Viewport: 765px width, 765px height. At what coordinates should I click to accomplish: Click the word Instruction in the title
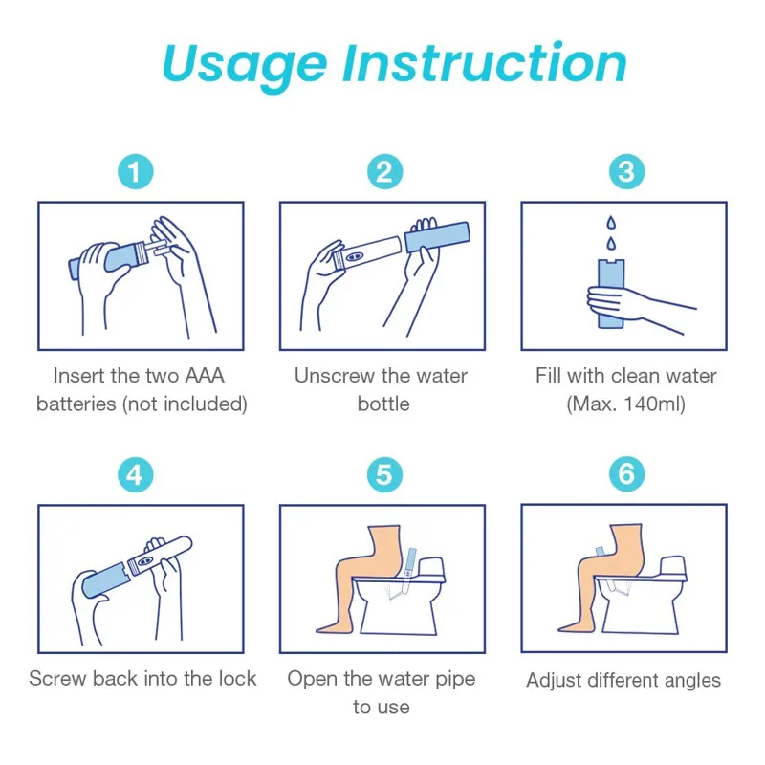(485, 63)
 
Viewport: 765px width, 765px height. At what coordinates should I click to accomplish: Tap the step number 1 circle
(136, 172)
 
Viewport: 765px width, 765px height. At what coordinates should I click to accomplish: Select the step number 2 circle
(384, 172)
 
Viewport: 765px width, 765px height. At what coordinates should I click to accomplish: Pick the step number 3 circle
(626, 172)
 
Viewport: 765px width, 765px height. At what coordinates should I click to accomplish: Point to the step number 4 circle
(136, 474)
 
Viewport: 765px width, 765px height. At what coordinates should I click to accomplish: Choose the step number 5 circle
(384, 474)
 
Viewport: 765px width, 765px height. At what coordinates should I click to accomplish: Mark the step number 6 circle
(626, 474)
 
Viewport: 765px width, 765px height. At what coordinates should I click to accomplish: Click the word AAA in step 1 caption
(205, 376)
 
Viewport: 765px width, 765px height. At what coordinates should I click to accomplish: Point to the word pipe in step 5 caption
(455, 680)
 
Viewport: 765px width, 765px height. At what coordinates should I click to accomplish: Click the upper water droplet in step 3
(611, 223)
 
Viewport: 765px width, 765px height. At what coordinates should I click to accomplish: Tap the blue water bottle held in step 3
(611, 294)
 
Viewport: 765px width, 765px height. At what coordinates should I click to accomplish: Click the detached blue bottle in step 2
(438, 237)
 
